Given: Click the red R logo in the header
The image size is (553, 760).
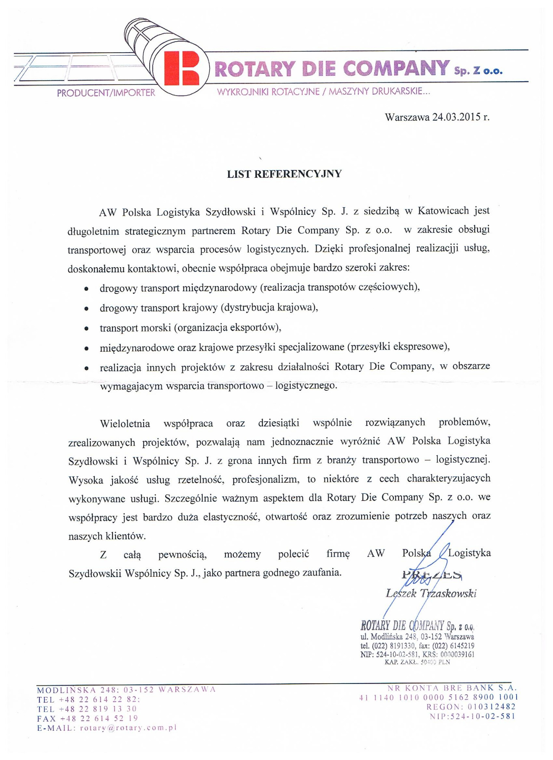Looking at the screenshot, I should coord(182,68).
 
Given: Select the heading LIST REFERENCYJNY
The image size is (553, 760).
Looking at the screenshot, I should coord(284,174).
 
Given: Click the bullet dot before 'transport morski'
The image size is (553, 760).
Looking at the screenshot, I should coord(86,328).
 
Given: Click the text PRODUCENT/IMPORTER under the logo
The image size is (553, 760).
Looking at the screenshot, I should coord(106,93).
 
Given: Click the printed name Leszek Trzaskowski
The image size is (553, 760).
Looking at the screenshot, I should coord(431,593).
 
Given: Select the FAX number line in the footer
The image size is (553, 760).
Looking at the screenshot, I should coord(87,718).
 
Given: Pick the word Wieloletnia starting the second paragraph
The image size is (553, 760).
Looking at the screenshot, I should coord(125,423).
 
